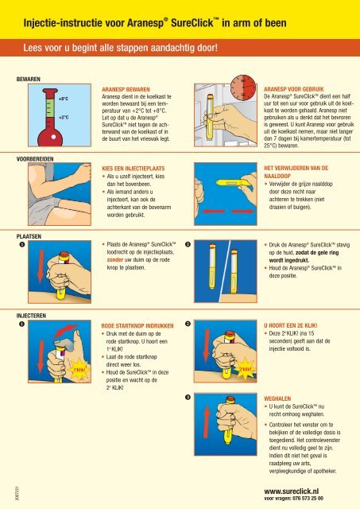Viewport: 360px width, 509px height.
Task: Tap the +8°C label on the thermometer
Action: click(x=63, y=99)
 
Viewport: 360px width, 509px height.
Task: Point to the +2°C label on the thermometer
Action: click(x=63, y=117)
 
